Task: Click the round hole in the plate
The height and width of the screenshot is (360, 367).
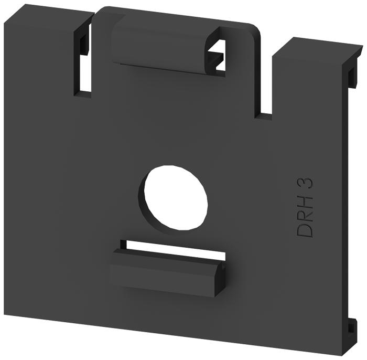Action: (176, 197)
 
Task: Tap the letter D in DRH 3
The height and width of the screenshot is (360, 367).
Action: (305, 230)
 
